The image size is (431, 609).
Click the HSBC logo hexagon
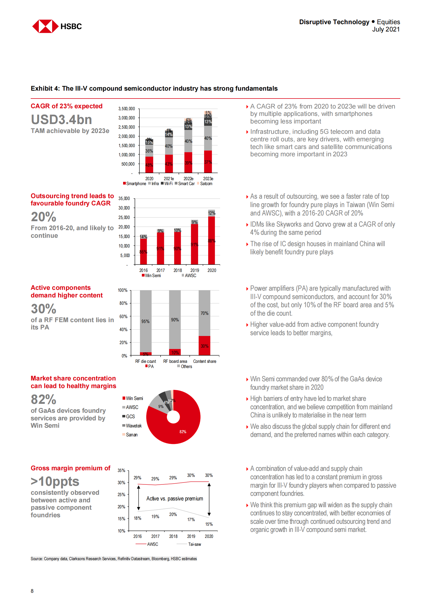[45, 26]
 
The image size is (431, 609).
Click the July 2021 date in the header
[386, 30]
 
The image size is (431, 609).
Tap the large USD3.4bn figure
[61, 120]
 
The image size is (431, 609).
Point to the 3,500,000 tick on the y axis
[127, 109]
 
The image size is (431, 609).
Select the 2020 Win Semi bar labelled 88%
[211, 240]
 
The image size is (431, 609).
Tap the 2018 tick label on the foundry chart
[178, 270]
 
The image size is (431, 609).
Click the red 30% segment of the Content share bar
[204, 346]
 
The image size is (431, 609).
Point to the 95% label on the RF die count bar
[145, 321]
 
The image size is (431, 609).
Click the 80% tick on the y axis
[123, 303]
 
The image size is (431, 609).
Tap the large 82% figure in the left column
[43, 399]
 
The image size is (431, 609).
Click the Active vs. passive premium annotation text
[174, 499]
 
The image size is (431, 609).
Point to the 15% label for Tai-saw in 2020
[209, 524]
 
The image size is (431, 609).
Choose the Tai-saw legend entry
[194, 544]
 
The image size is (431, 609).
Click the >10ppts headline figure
[55, 481]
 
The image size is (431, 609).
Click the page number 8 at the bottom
[32, 591]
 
